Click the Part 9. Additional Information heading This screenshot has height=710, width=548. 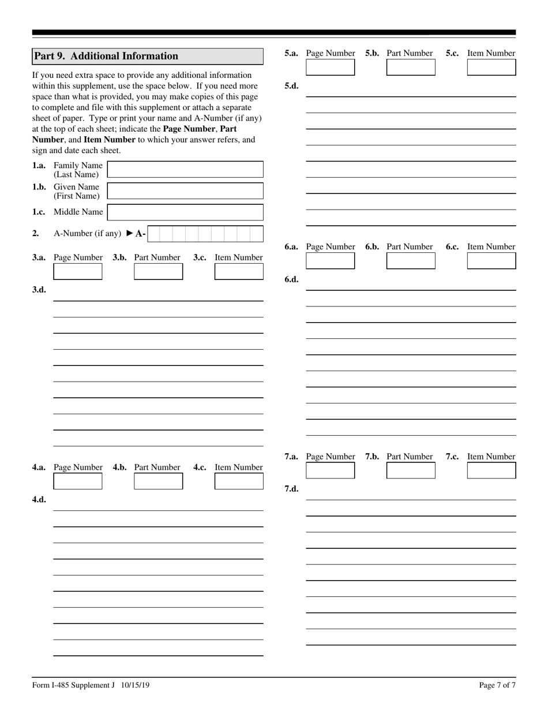point(106,56)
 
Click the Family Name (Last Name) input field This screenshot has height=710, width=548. point(185,169)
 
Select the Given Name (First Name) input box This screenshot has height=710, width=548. point(185,191)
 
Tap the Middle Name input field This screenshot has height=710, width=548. point(185,212)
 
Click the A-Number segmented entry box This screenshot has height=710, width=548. point(205,234)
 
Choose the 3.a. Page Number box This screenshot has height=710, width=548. point(78,271)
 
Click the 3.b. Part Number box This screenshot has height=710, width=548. point(158,271)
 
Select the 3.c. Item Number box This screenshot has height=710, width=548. point(239,271)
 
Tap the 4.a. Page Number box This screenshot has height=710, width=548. point(78,481)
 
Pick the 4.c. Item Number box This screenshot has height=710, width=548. point(239,481)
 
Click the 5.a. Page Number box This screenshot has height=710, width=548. point(331,67)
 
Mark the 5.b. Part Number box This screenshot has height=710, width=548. point(411,67)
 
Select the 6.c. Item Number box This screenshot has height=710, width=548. point(491,261)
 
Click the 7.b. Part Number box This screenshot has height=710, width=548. point(411,470)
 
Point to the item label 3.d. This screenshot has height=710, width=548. point(39,290)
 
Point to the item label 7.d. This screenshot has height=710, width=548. point(291,489)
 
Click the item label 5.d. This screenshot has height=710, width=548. point(291,86)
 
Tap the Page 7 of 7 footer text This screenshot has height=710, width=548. point(497,685)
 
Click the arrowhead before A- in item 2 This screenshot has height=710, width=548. point(130,234)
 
